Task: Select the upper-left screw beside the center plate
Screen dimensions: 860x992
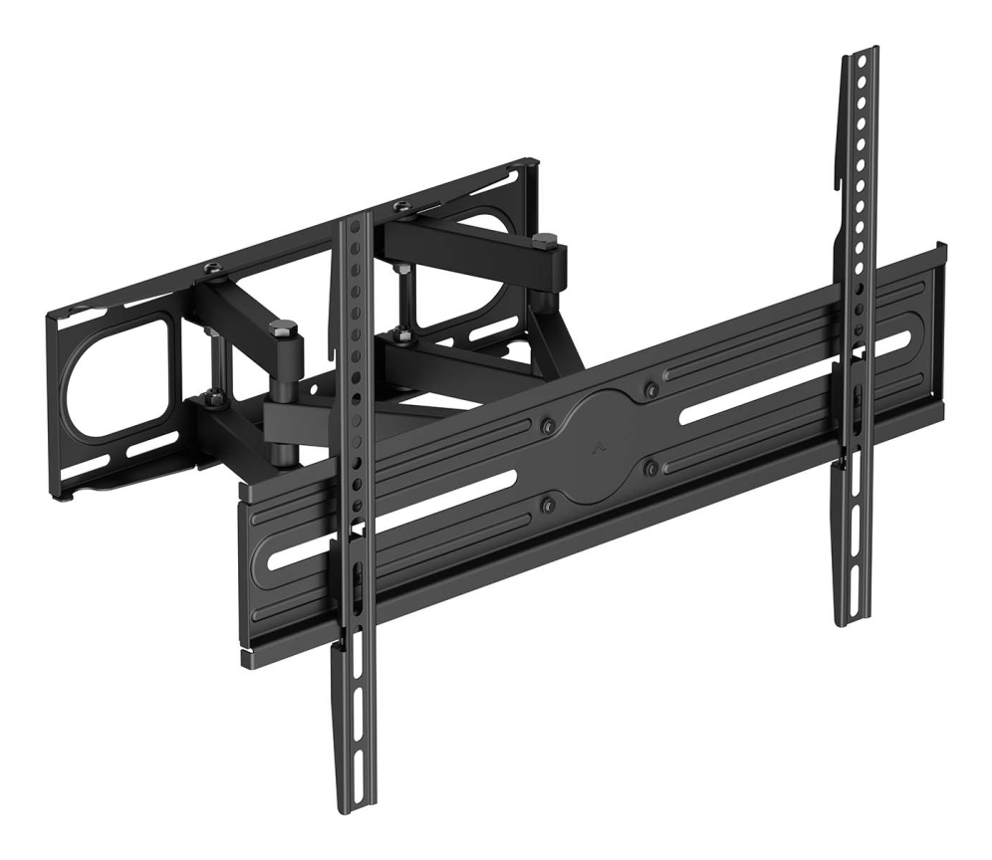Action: tap(547, 426)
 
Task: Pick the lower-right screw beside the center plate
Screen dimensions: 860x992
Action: tap(651, 465)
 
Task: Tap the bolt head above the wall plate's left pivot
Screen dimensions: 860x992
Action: tap(213, 268)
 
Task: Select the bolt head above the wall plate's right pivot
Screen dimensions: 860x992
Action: tap(401, 207)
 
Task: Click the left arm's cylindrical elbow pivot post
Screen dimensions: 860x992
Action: tap(283, 398)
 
